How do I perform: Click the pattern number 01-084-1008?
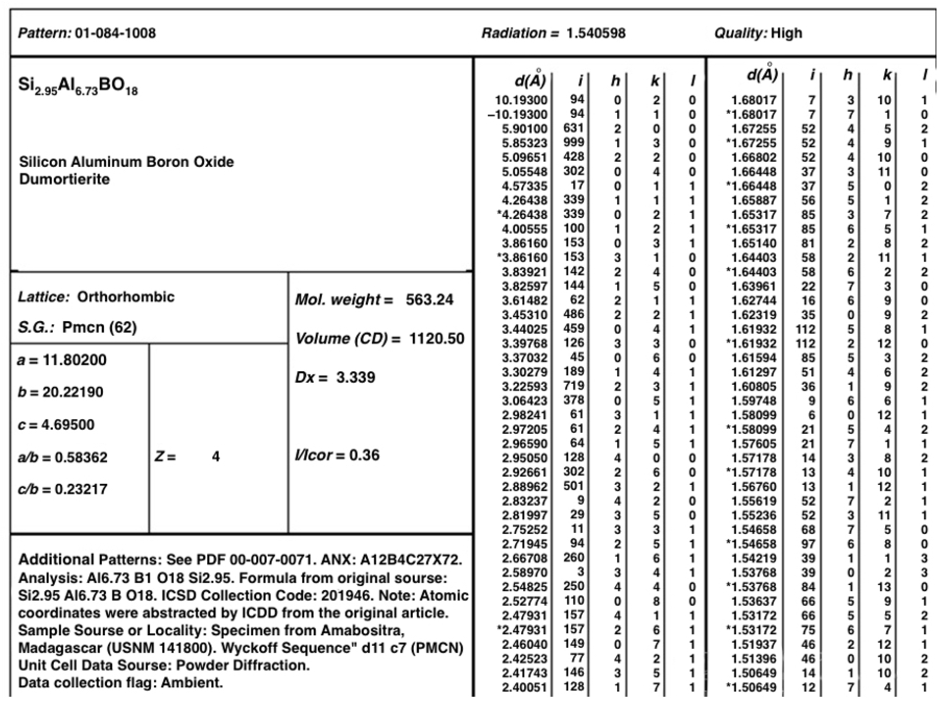(x=115, y=33)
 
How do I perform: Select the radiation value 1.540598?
(x=595, y=33)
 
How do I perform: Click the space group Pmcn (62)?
(x=99, y=327)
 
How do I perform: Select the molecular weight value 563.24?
(x=429, y=299)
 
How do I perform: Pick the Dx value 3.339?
(x=355, y=377)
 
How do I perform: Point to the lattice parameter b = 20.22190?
(x=60, y=392)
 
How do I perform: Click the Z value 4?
(x=216, y=457)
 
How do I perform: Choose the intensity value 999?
(x=573, y=142)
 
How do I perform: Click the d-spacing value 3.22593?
(x=524, y=387)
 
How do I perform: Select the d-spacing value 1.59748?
(x=754, y=401)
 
